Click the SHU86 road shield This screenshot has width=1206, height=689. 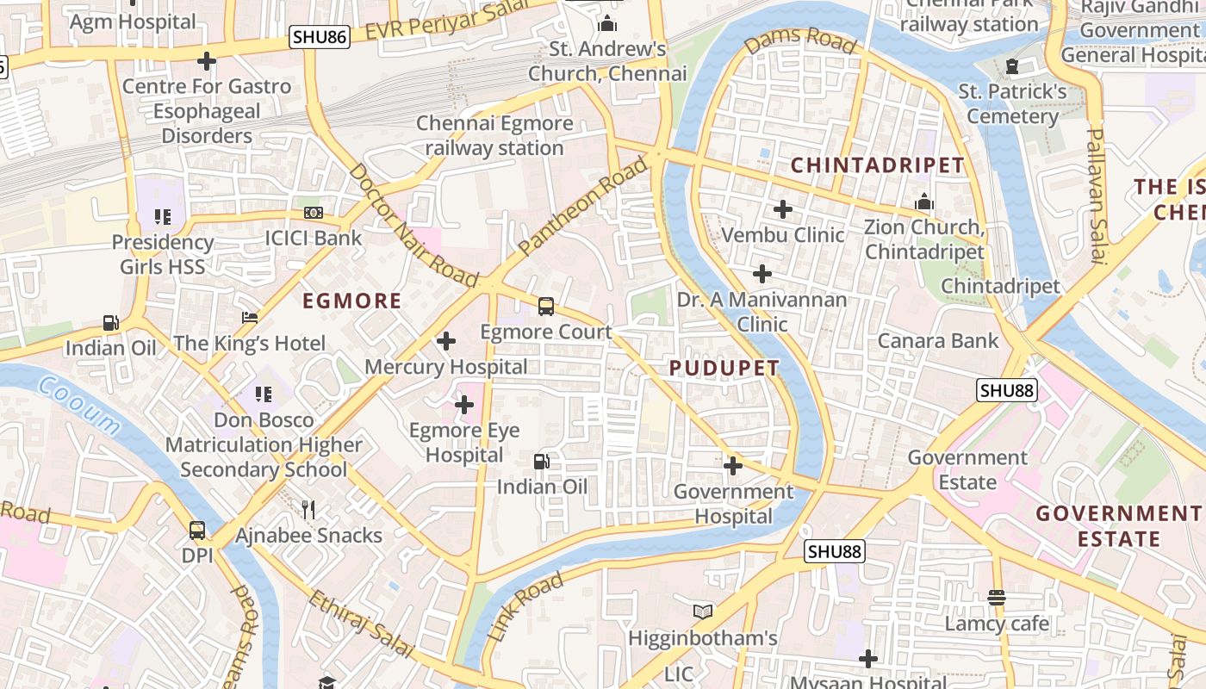pyautogui.click(x=320, y=37)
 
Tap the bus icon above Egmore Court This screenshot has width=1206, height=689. pyautogui.click(x=546, y=306)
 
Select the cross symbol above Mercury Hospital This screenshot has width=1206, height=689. pyautogui.click(x=446, y=341)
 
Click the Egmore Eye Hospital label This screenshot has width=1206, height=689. pyautogui.click(x=464, y=443)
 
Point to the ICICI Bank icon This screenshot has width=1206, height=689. pyautogui.click(x=314, y=212)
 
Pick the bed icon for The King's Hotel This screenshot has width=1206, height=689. pyautogui.click(x=250, y=318)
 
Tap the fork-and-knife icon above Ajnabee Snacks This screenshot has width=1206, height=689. pyautogui.click(x=308, y=510)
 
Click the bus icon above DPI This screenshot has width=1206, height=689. pyautogui.click(x=197, y=530)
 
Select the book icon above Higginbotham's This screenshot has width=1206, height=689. pyautogui.click(x=703, y=611)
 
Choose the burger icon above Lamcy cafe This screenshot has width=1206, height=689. pyautogui.click(x=997, y=597)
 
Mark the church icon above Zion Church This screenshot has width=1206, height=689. pyautogui.click(x=924, y=202)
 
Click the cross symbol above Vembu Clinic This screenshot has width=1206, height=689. pyautogui.click(x=783, y=209)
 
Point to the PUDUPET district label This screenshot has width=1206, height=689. pyautogui.click(x=724, y=369)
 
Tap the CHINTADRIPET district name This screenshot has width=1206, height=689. pyautogui.click(x=878, y=165)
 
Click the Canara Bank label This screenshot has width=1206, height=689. pyautogui.click(x=938, y=341)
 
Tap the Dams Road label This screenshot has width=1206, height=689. pyautogui.click(x=801, y=40)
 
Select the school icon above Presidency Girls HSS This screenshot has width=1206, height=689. pyautogui.click(x=162, y=217)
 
